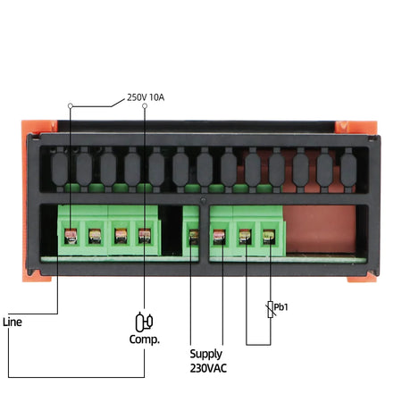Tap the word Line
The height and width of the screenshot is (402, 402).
[x=13, y=321]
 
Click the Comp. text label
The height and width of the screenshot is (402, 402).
[x=145, y=340]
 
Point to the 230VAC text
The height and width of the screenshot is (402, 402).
[x=210, y=366]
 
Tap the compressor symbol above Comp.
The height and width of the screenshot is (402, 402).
[x=144, y=321]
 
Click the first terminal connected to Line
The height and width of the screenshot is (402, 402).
[x=71, y=237]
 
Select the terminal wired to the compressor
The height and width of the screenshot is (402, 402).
[x=145, y=237]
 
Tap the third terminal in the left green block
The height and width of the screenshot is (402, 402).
[x=120, y=237]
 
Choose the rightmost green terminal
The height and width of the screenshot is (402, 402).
[x=268, y=237]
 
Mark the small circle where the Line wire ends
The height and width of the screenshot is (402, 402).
[x=71, y=106]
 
